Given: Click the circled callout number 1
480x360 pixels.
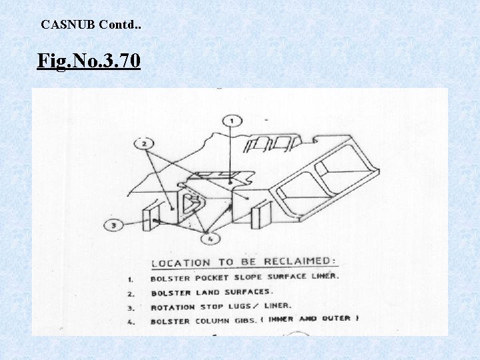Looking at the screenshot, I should pyautogui.click(x=231, y=121).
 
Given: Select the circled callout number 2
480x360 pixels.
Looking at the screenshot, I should pyautogui.click(x=144, y=143).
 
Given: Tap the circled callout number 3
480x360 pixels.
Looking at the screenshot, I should pyautogui.click(x=114, y=225).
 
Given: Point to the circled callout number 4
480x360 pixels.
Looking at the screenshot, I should pyautogui.click(x=211, y=238).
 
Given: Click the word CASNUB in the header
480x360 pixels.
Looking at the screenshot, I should pyautogui.click(x=68, y=25).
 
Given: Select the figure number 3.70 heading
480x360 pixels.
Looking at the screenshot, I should pyautogui.click(x=89, y=62).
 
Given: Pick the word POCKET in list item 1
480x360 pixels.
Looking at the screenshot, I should pyautogui.click(x=213, y=277).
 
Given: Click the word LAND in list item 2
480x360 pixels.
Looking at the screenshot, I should pyautogui.click(x=211, y=293).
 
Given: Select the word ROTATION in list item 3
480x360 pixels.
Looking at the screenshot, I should pyautogui.click(x=173, y=307).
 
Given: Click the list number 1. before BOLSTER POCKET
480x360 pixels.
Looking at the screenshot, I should pyautogui.click(x=131, y=279).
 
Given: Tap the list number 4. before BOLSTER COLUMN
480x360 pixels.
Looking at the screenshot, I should pyautogui.click(x=131, y=322).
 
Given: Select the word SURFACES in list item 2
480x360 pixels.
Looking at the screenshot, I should pyautogui.click(x=248, y=292).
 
